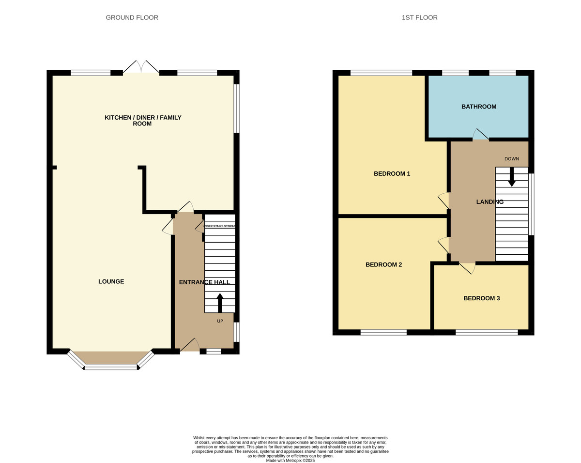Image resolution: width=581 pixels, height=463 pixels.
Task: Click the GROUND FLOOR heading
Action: click(132, 17)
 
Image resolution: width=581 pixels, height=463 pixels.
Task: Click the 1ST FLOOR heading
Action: click(419, 17)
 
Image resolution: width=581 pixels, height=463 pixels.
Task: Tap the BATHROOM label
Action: click(478, 107)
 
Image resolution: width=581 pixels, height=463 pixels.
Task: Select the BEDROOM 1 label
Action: click(392, 173)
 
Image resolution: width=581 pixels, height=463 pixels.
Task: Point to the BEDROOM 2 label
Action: click(383, 264)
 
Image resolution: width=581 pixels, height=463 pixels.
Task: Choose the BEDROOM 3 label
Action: click(481, 298)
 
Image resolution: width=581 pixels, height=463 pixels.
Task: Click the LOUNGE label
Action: click(111, 281)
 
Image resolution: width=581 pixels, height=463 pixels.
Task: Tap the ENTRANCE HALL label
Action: click(204, 282)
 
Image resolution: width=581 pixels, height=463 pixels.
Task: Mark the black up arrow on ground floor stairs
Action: click(220, 303)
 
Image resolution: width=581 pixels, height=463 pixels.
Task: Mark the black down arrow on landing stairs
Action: click(512, 177)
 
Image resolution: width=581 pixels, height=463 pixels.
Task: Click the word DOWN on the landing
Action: click(511, 159)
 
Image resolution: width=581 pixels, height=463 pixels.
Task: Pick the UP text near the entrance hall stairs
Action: click(220, 321)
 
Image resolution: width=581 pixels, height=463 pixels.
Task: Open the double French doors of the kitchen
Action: click(141, 67)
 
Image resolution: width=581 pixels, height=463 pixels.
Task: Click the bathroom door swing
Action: click(480, 134)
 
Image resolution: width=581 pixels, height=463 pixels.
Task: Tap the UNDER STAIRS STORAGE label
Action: click(219, 226)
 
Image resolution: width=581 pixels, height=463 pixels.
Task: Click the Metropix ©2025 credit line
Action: click(290, 461)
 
